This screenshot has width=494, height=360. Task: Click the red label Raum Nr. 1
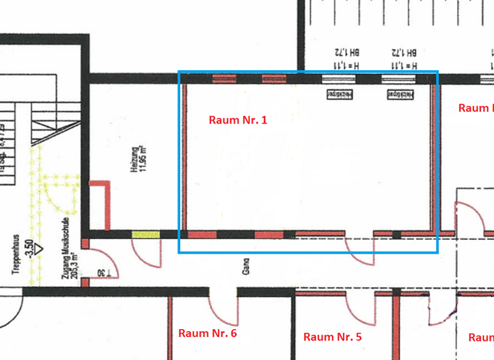click(238, 120)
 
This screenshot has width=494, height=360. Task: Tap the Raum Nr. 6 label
click(207, 333)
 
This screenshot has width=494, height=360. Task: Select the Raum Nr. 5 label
click(333, 336)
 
